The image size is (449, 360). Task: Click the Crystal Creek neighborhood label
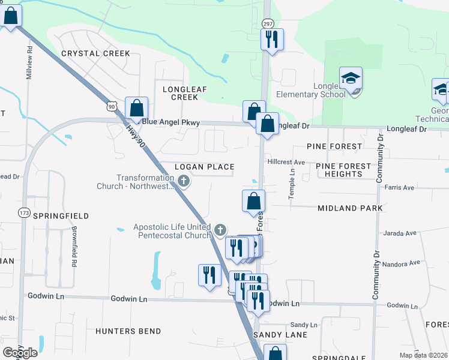pyautogui.click(x=95, y=53)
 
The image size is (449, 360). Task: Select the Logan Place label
pyautogui.click(x=203, y=166)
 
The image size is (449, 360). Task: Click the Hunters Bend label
pyautogui.click(x=128, y=331)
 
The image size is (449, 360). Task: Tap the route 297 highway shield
pyautogui.click(x=267, y=23)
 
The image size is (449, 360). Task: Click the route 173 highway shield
pyautogui.click(x=24, y=212)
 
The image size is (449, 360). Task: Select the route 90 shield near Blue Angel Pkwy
pyautogui.click(x=111, y=106)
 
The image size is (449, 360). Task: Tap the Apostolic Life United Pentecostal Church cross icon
pyautogui.click(x=221, y=229)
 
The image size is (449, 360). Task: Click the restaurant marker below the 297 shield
pyautogui.click(x=271, y=40)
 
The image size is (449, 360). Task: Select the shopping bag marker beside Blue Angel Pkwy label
pyautogui.click(x=137, y=109)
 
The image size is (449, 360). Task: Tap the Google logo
pyautogui.click(x=20, y=352)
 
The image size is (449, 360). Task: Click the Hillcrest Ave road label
pyautogui.click(x=287, y=162)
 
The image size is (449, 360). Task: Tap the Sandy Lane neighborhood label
pyautogui.click(x=280, y=334)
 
